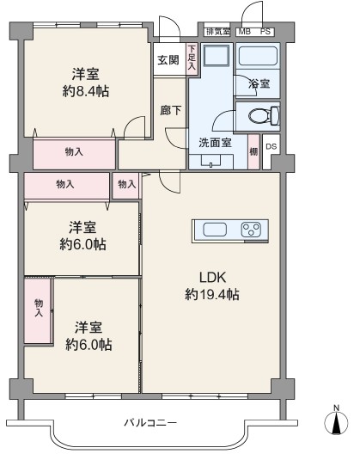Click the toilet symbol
264,115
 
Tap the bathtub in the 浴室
258,57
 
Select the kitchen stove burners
251,230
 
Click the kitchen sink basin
215,230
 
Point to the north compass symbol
336,420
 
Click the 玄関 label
168,60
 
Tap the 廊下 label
171,110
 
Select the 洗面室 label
215,143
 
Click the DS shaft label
272,146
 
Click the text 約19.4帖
212,295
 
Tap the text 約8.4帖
86,91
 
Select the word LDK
212,277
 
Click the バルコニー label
150,423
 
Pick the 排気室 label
217,32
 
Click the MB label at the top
244,32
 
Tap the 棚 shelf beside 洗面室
253,151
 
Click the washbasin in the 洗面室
211,161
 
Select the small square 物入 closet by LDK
127,185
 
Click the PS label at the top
265,32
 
